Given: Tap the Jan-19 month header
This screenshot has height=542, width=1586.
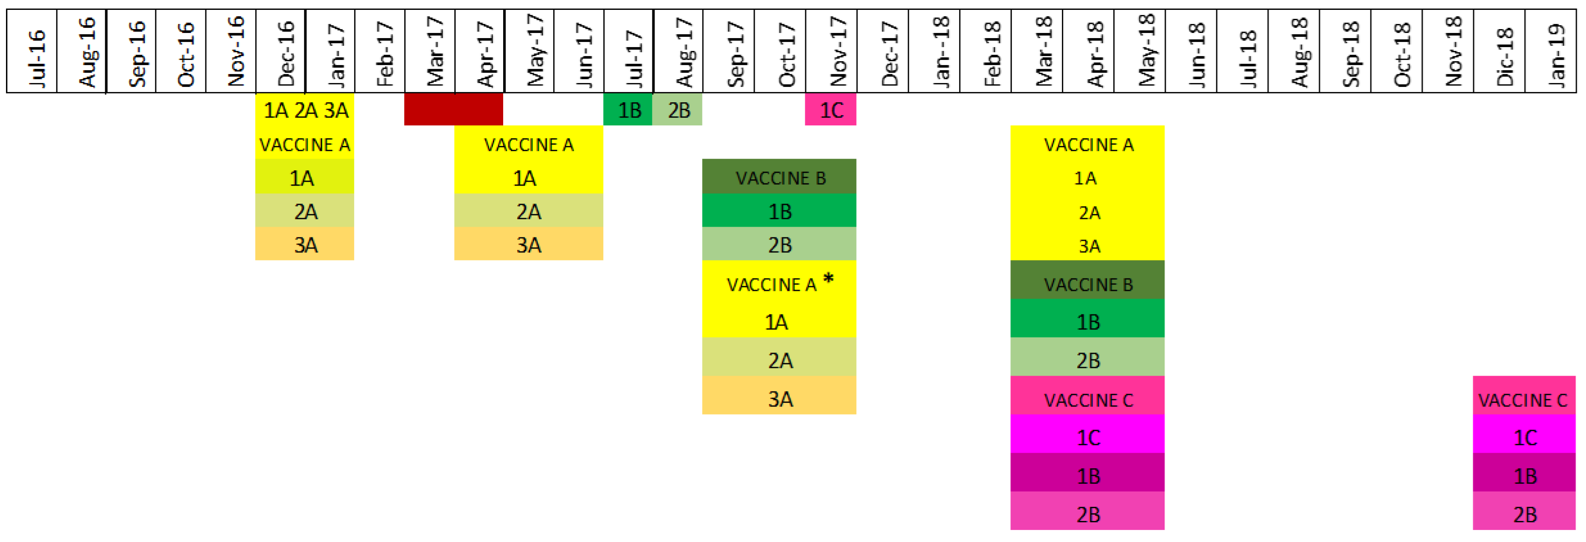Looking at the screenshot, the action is [x=1550, y=52].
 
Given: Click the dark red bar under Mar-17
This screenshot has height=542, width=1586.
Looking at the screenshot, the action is [x=454, y=110].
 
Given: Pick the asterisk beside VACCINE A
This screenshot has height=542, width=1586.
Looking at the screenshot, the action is [x=829, y=278].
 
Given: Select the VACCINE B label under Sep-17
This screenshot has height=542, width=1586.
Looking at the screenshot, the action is [x=780, y=178].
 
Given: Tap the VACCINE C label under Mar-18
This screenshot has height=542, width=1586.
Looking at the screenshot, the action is [x=1088, y=400].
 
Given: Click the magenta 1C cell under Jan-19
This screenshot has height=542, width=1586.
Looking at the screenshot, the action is [x=1524, y=437].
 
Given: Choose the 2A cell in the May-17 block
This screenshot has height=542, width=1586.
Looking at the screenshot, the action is [x=528, y=212].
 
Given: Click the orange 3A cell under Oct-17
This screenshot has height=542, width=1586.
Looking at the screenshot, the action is [x=780, y=399].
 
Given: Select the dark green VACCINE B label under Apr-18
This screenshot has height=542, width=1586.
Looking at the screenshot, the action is [x=1088, y=284].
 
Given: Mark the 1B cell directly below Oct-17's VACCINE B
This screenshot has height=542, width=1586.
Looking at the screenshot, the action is [x=780, y=212].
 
